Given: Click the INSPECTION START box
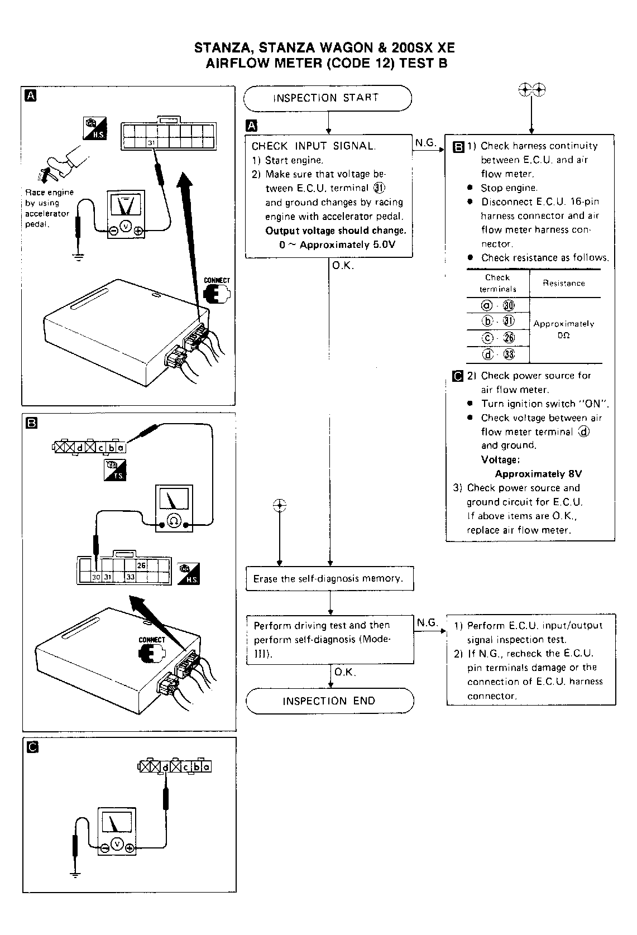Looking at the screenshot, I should [328, 98].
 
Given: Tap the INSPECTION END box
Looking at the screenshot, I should [329, 701].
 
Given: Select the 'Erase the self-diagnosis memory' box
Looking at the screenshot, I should [329, 579].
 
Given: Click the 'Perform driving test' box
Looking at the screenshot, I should [329, 640].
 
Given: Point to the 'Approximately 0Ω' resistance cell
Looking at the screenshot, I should [564, 329].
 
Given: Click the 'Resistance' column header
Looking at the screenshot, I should [564, 284].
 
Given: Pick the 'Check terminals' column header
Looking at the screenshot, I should [497, 283].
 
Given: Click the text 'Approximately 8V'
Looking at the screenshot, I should [538, 474].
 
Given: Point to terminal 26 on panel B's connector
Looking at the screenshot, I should [142, 565].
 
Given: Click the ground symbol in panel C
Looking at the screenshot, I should [76, 874].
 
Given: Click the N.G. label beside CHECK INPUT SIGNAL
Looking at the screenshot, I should [425, 143].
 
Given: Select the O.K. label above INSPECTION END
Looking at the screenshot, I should [345, 672].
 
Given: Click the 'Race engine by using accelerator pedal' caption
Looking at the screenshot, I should [49, 208].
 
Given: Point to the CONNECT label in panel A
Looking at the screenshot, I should [217, 280].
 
